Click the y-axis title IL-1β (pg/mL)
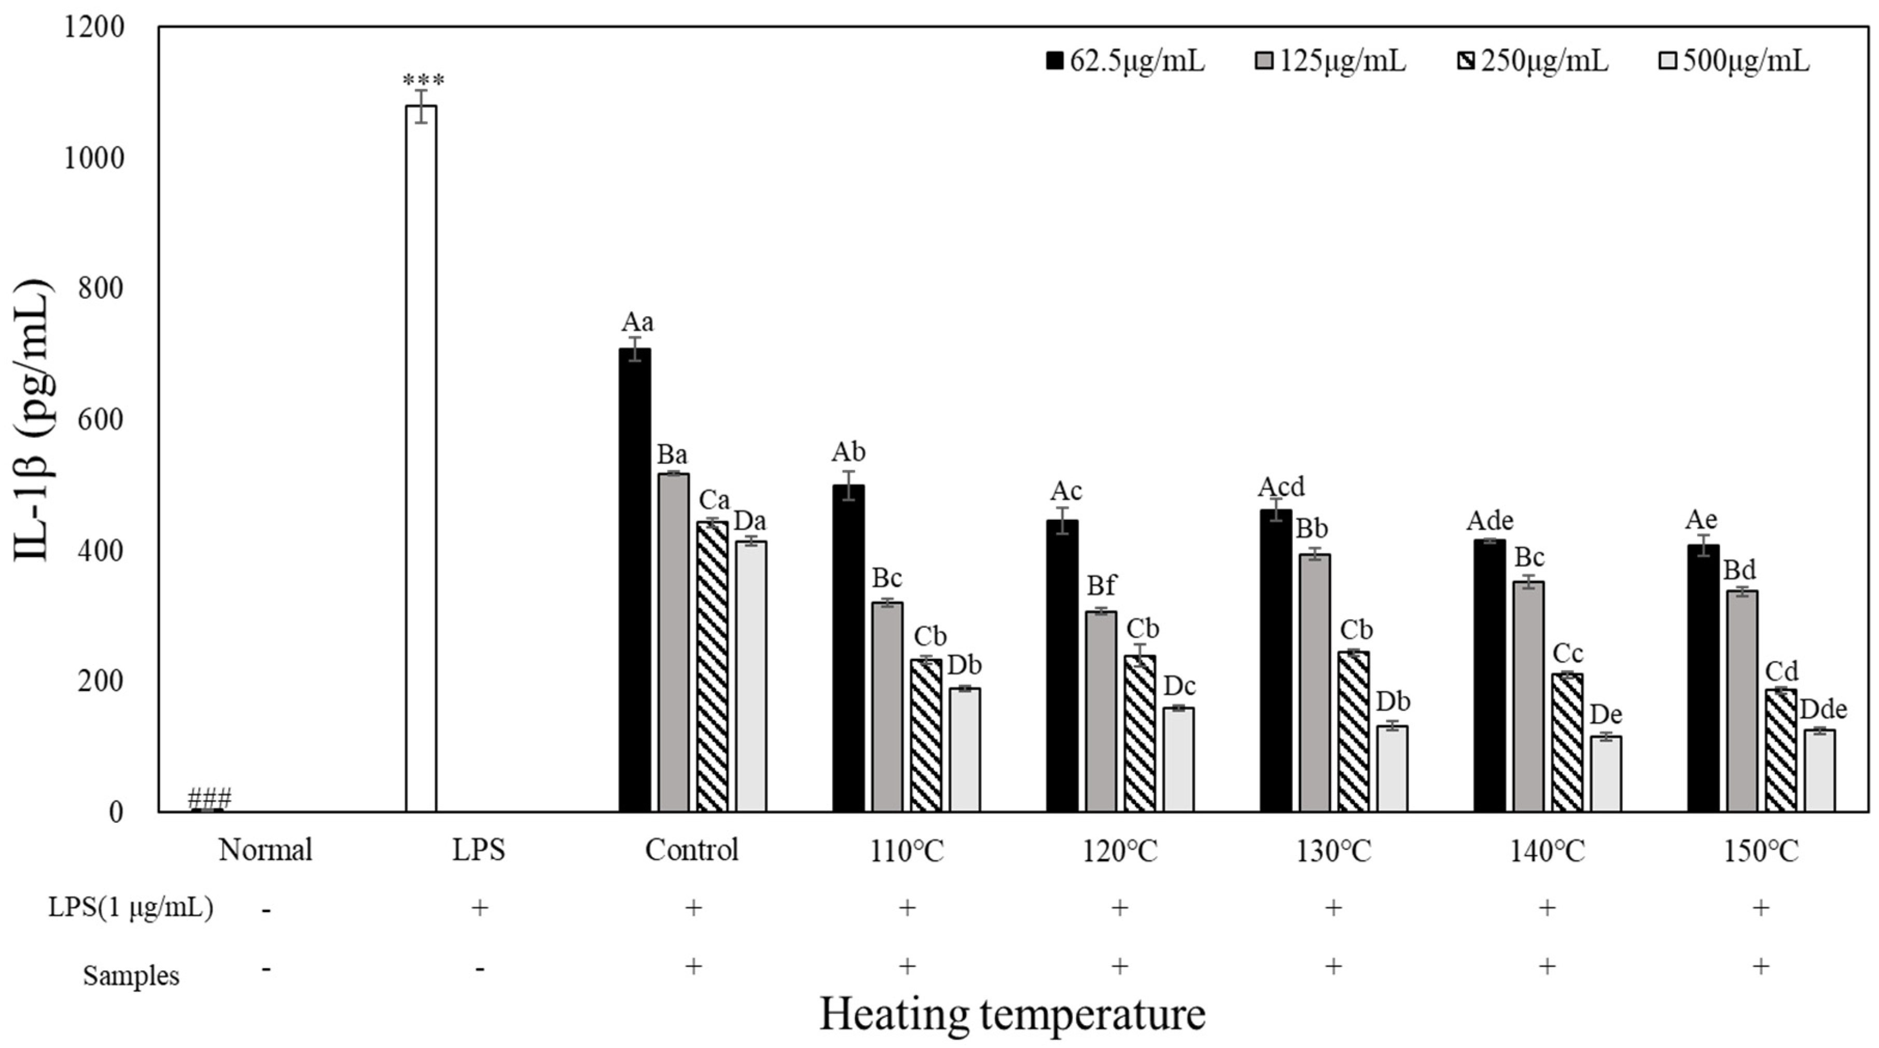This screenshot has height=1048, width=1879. (33, 420)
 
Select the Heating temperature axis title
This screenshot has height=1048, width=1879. (1012, 1014)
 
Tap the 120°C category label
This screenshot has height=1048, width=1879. (1120, 850)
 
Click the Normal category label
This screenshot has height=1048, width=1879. (266, 850)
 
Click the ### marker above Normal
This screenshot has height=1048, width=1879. (210, 798)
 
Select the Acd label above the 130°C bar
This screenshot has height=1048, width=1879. (1282, 487)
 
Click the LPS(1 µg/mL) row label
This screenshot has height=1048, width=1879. (131, 908)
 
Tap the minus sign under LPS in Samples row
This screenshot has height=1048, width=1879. (479, 969)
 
